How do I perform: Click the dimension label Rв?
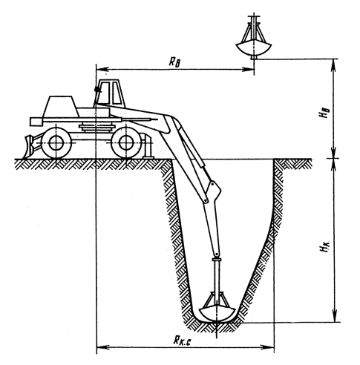click(x=174, y=62)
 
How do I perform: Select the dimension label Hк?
click(x=324, y=247)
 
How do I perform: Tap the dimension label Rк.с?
click(x=182, y=341)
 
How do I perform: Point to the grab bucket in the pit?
click(x=217, y=307)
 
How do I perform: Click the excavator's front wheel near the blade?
click(x=56, y=143)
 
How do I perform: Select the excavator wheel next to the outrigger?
click(x=126, y=142)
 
